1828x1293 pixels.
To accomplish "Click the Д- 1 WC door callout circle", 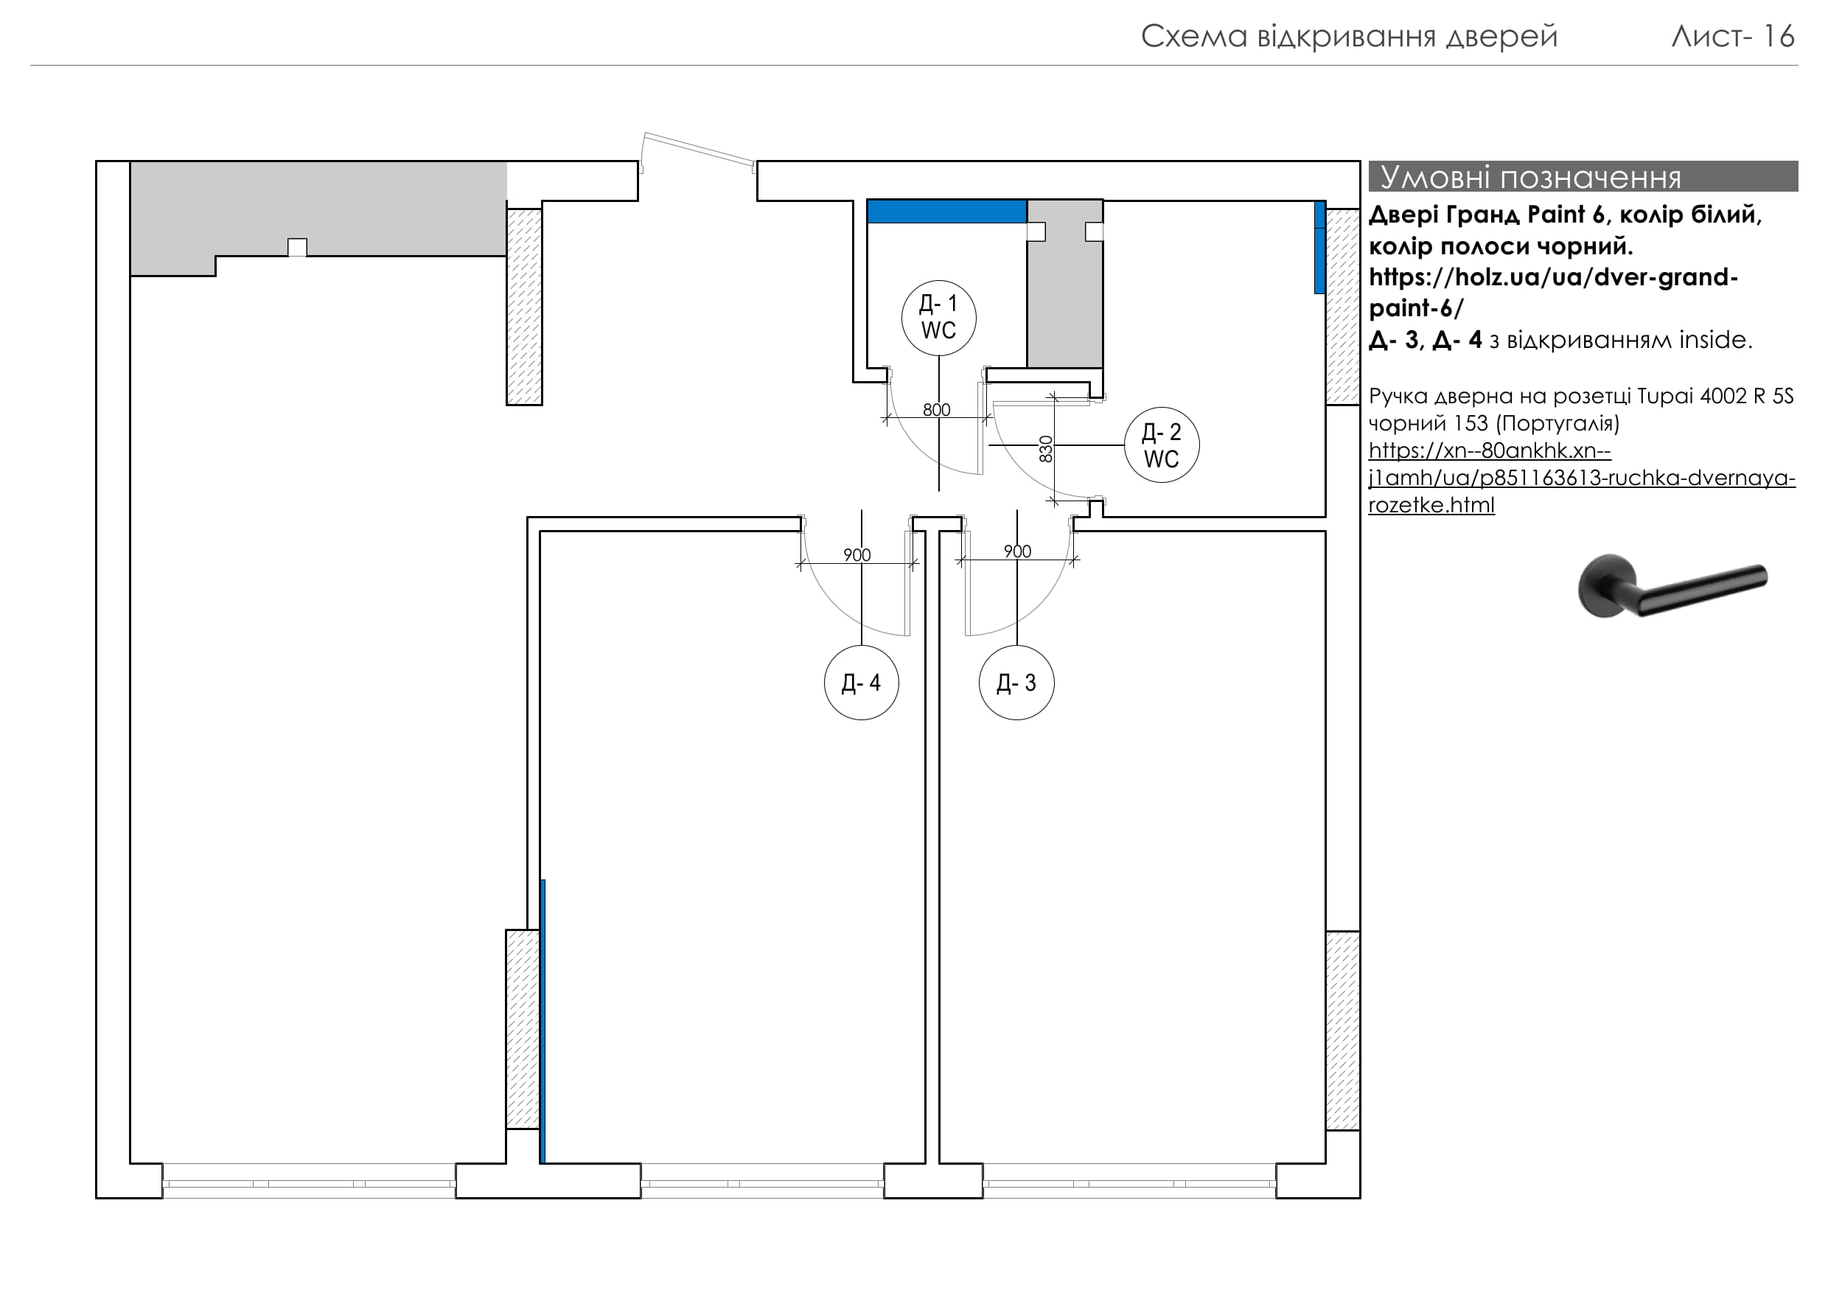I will click(x=938, y=318).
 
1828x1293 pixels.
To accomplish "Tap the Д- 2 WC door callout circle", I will click(x=1162, y=446).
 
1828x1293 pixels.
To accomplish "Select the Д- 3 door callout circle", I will click(x=1016, y=683).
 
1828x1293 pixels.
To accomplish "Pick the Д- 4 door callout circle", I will click(x=862, y=683).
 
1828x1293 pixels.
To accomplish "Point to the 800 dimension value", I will click(x=936, y=410).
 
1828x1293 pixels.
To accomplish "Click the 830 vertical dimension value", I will click(x=1046, y=449).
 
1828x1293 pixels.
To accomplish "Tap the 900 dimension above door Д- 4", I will click(x=857, y=555).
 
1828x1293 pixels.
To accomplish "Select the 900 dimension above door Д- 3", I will click(x=1017, y=551).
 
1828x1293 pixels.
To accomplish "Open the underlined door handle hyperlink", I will click(x=1560, y=478).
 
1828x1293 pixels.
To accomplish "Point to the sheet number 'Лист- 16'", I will click(x=1732, y=37).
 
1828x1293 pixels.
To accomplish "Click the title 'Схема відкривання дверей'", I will click(x=1349, y=37).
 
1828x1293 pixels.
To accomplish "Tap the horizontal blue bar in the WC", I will click(x=946, y=212).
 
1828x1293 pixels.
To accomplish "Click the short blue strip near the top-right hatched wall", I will click(x=1319, y=248).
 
